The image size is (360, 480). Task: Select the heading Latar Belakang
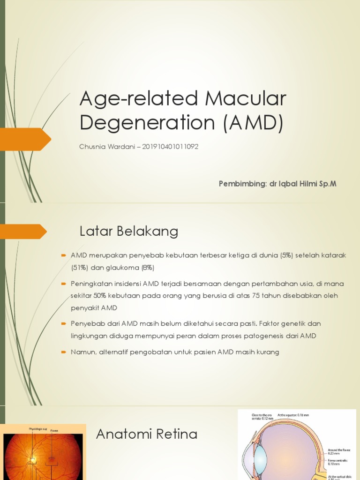point(129,231)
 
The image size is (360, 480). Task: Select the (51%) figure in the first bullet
point(79,268)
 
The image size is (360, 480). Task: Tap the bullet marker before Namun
point(63,352)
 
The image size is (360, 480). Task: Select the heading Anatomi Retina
point(147,435)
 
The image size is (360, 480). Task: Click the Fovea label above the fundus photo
point(54,430)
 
